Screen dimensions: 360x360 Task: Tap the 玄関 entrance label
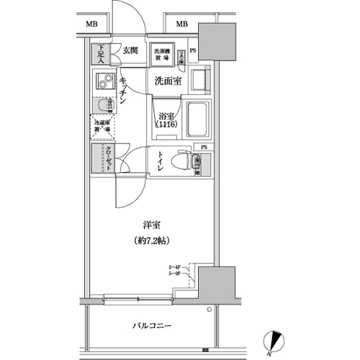(x=130, y=50)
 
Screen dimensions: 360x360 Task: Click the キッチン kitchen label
(x=124, y=92)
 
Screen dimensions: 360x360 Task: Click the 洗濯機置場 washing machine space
(x=163, y=54)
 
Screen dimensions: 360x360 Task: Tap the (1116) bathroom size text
(x=167, y=125)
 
